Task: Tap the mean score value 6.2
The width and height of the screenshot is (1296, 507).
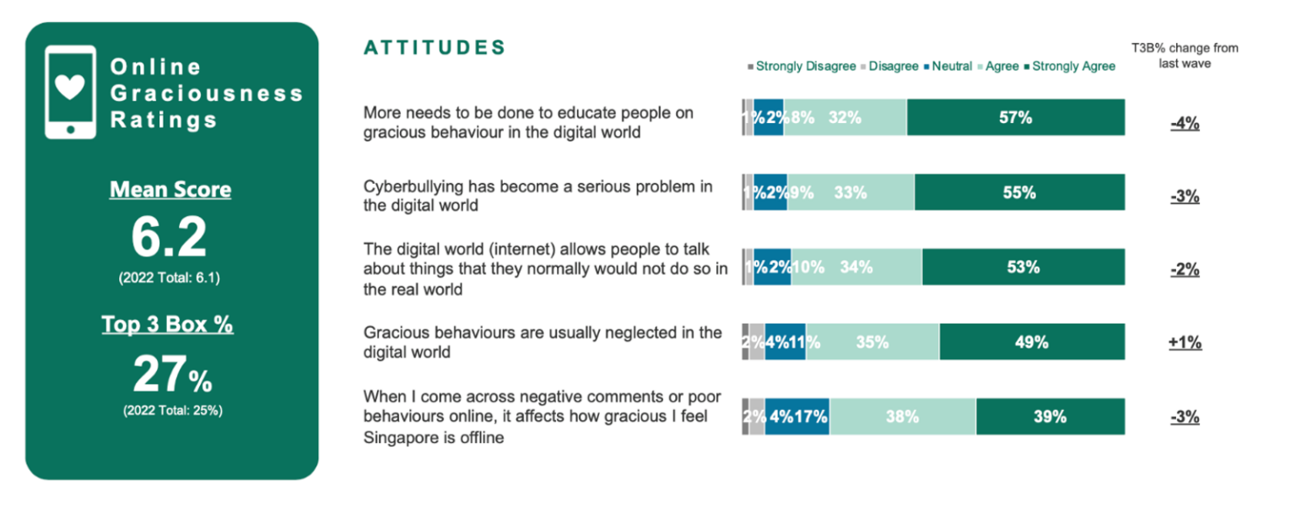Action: click(x=169, y=238)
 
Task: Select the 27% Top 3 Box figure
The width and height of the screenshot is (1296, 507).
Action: click(x=171, y=375)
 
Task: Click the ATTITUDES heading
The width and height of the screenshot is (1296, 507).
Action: click(x=435, y=48)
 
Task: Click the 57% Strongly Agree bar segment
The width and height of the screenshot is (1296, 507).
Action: click(x=1015, y=117)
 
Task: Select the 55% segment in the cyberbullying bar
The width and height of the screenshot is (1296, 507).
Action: click(x=1019, y=192)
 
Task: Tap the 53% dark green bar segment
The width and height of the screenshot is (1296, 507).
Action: click(x=1023, y=267)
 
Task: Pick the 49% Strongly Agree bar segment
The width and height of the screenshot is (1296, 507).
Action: click(x=1032, y=342)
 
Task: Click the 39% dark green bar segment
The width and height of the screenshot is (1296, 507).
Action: click(x=1050, y=416)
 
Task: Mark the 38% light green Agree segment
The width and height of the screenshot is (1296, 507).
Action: click(x=902, y=416)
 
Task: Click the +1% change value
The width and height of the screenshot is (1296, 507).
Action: click(x=1185, y=343)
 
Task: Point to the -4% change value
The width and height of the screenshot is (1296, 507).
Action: click(x=1185, y=123)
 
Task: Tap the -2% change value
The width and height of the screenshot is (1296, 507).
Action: click(x=1185, y=270)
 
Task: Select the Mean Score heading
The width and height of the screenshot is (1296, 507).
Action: click(x=170, y=190)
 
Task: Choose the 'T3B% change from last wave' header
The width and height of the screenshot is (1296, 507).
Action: click(x=1185, y=56)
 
